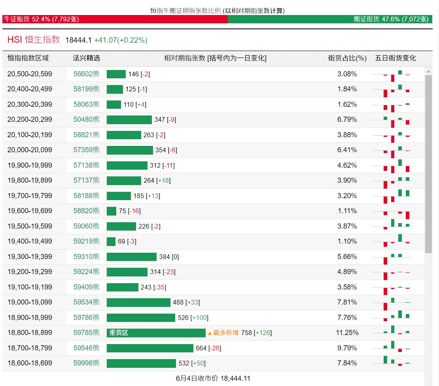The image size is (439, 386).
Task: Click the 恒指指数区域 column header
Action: click(x=28, y=58)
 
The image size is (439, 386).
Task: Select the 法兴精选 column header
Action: click(x=87, y=58)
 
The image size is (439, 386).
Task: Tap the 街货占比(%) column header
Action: click(x=347, y=58)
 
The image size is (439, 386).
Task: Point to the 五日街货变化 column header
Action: click(x=395, y=58)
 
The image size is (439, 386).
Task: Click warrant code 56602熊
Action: click(x=87, y=74)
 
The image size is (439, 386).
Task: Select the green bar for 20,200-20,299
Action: click(x=129, y=119)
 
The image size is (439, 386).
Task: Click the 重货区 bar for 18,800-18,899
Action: click(x=156, y=333)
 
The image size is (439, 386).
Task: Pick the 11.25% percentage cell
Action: click(x=347, y=333)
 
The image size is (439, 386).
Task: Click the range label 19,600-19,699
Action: click(x=30, y=211)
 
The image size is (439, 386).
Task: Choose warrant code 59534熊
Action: click(x=87, y=302)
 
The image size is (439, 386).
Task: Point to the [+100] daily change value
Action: click(x=199, y=318)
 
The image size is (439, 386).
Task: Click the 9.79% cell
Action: click(x=347, y=348)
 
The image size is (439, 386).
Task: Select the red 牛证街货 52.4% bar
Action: click(x=115, y=19)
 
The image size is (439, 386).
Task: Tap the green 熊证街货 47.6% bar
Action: click(x=330, y=19)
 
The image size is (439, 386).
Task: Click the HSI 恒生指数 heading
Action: click(x=34, y=40)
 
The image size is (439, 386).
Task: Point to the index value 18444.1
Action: click(x=78, y=40)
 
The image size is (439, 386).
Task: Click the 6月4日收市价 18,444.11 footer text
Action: click(x=213, y=378)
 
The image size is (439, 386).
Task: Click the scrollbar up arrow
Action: click(x=428, y=71)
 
